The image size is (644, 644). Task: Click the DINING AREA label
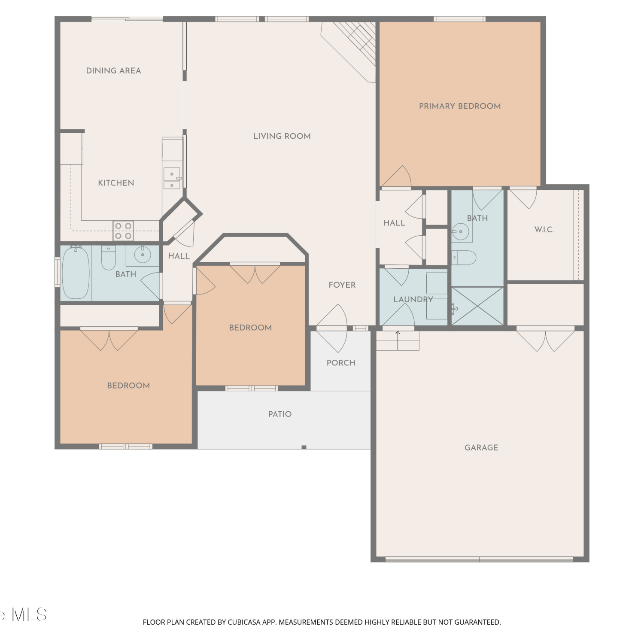[x=113, y=71]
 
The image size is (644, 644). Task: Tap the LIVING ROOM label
[x=282, y=136]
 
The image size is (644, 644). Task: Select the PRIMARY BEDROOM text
[x=460, y=106]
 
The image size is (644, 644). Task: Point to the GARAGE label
[x=481, y=447]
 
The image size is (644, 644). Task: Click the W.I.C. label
[x=544, y=229]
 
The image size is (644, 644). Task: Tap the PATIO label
[x=280, y=414]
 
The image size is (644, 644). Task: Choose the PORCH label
[x=341, y=363]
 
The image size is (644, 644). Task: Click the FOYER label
[x=342, y=285]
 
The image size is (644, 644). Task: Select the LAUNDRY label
[x=413, y=299]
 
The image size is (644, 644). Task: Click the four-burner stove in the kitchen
[x=123, y=231]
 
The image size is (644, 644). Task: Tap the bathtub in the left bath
[x=76, y=273]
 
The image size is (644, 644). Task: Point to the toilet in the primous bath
[x=464, y=258]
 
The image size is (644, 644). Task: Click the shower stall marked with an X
[x=477, y=306]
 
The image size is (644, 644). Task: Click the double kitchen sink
[x=172, y=179]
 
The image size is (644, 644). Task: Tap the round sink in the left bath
[x=142, y=255]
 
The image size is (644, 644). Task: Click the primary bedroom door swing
[x=397, y=176]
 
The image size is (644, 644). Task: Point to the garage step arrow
[x=398, y=334]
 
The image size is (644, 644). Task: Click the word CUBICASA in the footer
[x=244, y=622]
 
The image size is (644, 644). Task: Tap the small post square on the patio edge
[x=304, y=447]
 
